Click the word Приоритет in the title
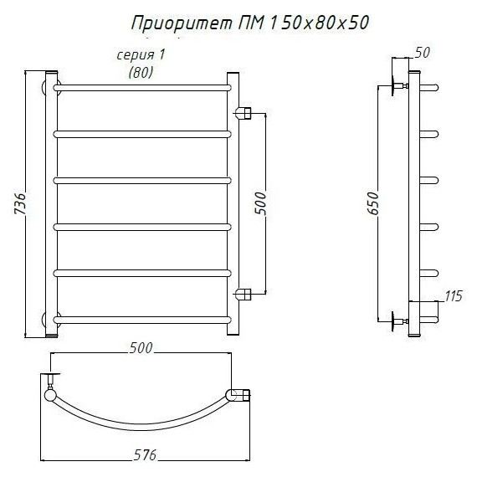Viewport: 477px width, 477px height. (x=182, y=23)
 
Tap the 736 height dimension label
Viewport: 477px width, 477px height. (x=21, y=203)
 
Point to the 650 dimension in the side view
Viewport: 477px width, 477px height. (x=373, y=203)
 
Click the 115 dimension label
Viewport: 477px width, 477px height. (x=454, y=295)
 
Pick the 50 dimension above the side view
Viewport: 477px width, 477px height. (x=423, y=53)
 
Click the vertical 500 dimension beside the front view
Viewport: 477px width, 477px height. (x=261, y=203)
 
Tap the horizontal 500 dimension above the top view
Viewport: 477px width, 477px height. (x=141, y=348)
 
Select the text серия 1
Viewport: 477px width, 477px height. (x=141, y=55)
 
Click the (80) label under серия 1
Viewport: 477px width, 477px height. (x=141, y=73)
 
